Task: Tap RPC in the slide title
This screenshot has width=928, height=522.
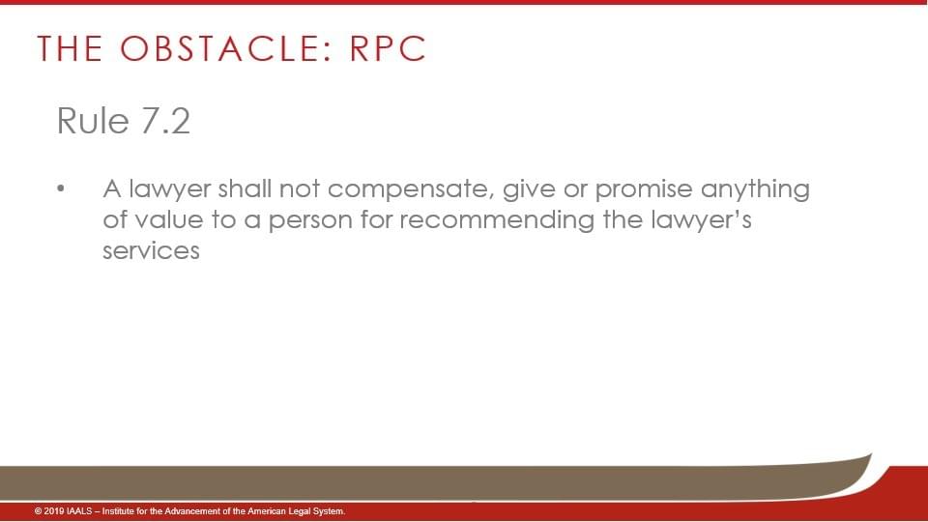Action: (x=388, y=48)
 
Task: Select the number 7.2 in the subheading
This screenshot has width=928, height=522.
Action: (x=165, y=122)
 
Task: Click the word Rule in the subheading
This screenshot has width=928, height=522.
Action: (x=93, y=122)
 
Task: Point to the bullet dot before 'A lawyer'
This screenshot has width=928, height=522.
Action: (x=60, y=189)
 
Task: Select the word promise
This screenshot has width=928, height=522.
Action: (x=644, y=189)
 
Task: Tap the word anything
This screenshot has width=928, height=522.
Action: (x=755, y=190)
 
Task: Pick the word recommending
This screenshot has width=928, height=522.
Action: (x=497, y=221)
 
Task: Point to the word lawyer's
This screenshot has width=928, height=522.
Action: (x=701, y=221)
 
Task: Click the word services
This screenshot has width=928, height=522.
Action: (x=151, y=251)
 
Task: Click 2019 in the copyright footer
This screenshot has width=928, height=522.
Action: (x=54, y=511)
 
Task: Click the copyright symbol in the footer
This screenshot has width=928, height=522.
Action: (x=38, y=511)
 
